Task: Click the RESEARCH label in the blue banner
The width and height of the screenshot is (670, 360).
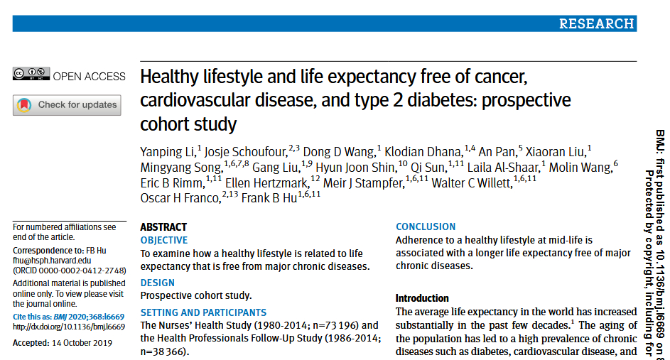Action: coord(596,23)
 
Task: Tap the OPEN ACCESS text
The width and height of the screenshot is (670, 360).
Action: coord(90,77)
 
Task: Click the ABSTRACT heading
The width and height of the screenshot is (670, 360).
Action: coord(163,227)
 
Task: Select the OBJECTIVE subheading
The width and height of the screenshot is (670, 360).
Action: coord(164,240)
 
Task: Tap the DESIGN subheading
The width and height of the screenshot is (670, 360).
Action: coord(157,283)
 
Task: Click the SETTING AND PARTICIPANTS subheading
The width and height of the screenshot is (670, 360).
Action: coord(203,312)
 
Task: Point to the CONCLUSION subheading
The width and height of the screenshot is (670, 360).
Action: coord(426,227)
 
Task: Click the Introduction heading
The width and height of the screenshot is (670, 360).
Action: coord(422,298)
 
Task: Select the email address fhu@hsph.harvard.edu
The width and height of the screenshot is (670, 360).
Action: coord(52,261)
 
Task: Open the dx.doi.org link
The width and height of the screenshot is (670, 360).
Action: coord(69,327)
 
